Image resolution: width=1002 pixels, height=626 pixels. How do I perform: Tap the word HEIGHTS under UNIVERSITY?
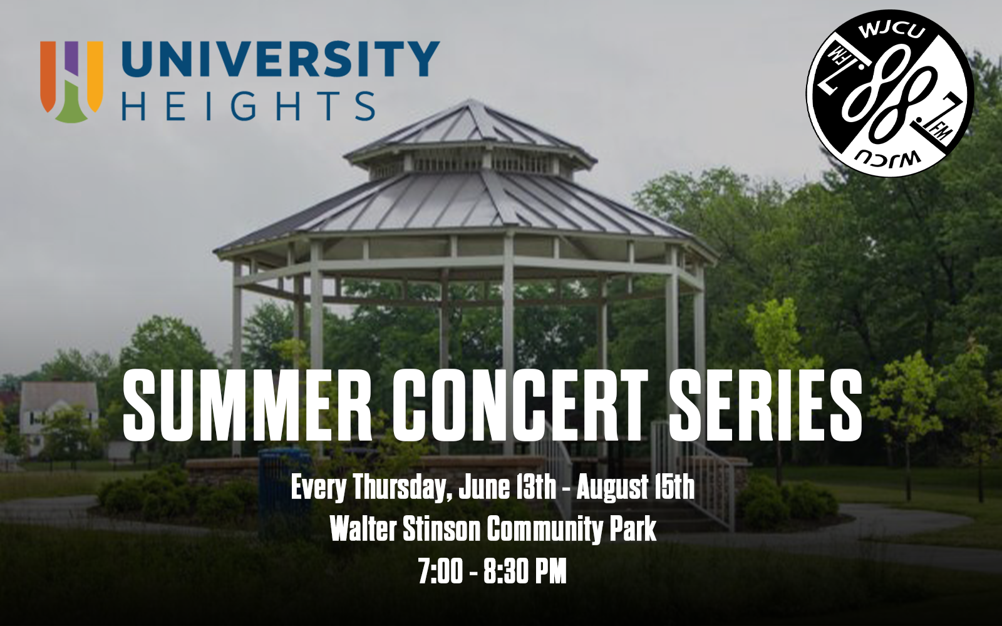(248, 106)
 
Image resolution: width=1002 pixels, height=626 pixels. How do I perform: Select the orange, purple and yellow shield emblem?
(71, 81)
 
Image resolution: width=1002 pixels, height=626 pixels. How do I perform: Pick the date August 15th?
(635, 489)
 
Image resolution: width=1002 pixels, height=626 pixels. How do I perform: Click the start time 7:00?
(441, 572)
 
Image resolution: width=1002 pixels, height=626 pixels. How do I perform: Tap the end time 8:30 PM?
(525, 572)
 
